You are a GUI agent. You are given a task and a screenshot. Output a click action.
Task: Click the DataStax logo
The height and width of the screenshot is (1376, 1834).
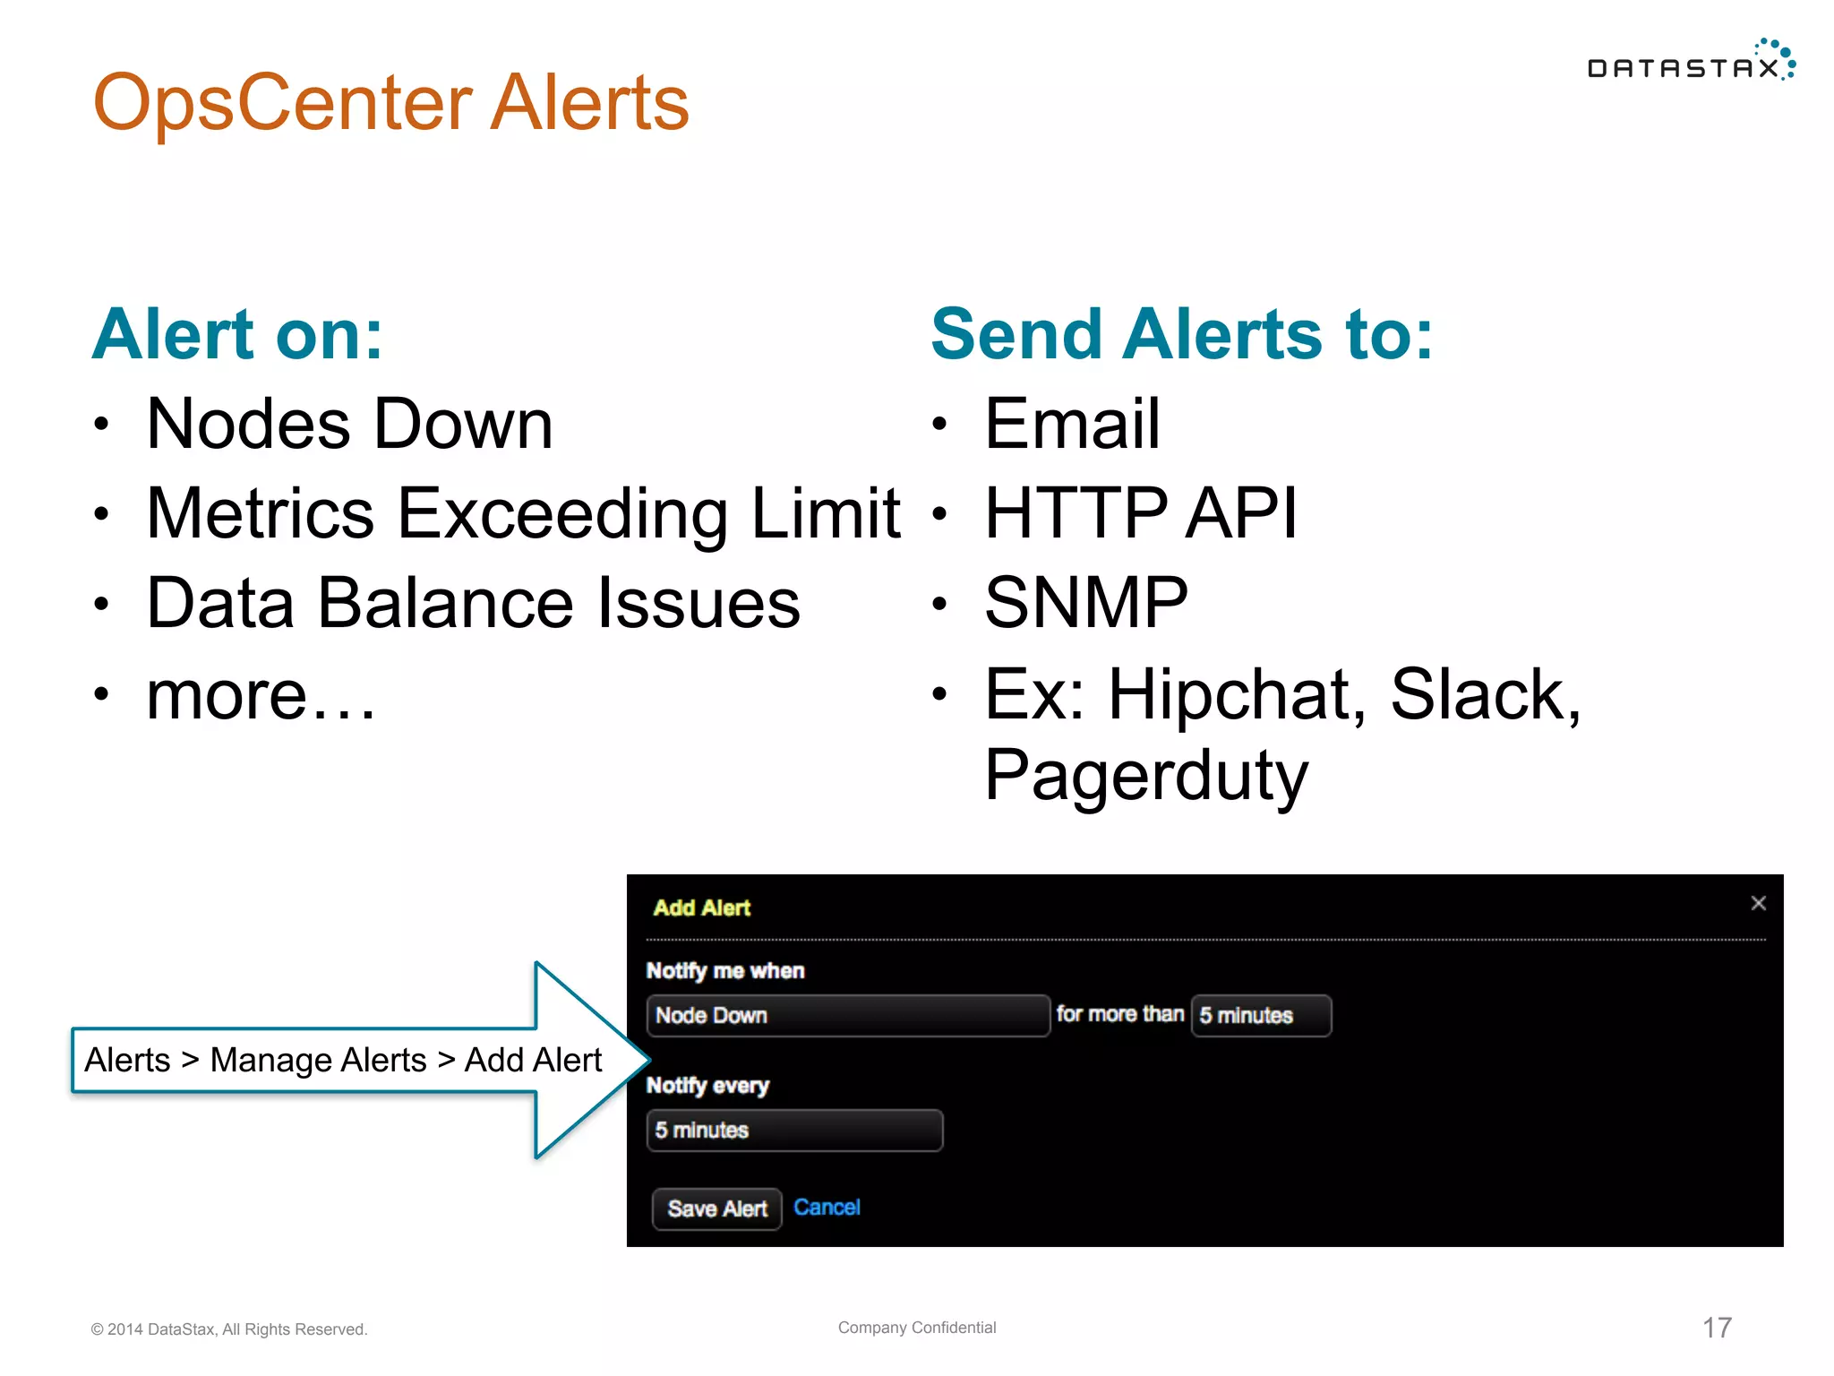point(1690,63)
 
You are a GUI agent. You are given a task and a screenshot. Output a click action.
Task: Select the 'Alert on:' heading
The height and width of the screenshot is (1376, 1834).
point(237,334)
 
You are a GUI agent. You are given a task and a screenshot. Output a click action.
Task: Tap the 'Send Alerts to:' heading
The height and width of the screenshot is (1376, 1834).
point(1181,334)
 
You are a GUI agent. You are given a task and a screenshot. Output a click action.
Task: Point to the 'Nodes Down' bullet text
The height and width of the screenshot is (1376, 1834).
point(349,424)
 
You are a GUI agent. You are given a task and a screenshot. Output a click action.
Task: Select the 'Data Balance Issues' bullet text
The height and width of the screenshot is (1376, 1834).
point(473,603)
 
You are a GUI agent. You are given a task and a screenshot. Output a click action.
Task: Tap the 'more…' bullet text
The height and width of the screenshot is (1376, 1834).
point(260,694)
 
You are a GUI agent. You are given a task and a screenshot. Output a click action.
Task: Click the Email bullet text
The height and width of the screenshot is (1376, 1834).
point(1071,424)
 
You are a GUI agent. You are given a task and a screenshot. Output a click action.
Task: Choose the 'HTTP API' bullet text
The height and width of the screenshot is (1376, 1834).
point(1140,513)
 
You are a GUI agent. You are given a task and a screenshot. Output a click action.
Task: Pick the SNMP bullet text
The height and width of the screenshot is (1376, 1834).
point(1085,603)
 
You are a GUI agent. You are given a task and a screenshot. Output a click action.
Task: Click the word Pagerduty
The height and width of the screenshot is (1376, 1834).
point(1145,775)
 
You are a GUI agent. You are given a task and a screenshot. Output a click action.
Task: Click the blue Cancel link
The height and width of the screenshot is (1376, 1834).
point(826,1207)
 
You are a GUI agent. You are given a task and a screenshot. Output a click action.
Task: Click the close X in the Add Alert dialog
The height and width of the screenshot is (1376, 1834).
point(1758,903)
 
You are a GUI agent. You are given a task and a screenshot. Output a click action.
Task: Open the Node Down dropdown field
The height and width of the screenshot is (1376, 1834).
point(847,1015)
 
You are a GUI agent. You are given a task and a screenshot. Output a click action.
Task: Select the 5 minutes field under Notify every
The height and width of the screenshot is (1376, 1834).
point(793,1130)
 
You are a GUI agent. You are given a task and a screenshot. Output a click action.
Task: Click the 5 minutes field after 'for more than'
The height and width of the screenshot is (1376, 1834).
point(1260,1015)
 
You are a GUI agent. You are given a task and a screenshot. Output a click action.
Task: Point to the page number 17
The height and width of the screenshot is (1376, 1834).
point(1716,1327)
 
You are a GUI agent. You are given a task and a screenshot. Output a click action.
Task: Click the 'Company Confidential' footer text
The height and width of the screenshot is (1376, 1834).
point(916,1327)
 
